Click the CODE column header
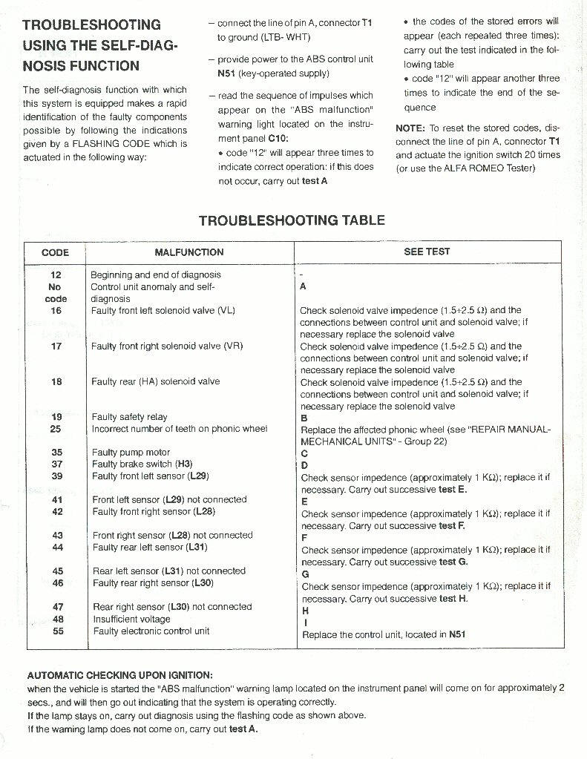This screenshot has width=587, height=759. pyautogui.click(x=55, y=252)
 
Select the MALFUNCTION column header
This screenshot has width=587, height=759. pyautogui.click(x=188, y=252)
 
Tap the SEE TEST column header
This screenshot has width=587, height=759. pyautogui.click(x=427, y=252)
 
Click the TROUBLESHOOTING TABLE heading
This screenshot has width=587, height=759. pyautogui.click(x=292, y=220)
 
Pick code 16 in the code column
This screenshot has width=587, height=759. pyautogui.click(x=56, y=311)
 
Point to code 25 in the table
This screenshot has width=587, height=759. pyautogui.click(x=56, y=429)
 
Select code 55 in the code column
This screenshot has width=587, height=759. pyautogui.click(x=57, y=631)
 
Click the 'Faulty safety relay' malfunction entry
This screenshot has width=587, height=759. pyautogui.click(x=129, y=417)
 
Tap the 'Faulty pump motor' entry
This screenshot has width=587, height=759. pyautogui.click(x=131, y=453)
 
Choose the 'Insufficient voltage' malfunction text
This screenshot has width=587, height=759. pyautogui.click(x=131, y=619)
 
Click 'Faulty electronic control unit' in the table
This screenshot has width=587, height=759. pyautogui.click(x=151, y=631)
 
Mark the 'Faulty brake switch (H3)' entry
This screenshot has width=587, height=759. pyautogui.click(x=142, y=464)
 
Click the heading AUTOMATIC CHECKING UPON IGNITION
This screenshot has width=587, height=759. pyautogui.click(x=119, y=675)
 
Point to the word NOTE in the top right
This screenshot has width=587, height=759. pyautogui.click(x=410, y=128)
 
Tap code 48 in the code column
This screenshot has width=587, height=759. pyautogui.click(x=57, y=619)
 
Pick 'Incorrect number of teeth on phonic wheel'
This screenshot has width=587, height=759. pyautogui.click(x=180, y=429)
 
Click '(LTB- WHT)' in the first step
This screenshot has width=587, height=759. pyautogui.click(x=264, y=37)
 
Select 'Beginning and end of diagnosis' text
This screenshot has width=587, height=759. pyautogui.click(x=155, y=275)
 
